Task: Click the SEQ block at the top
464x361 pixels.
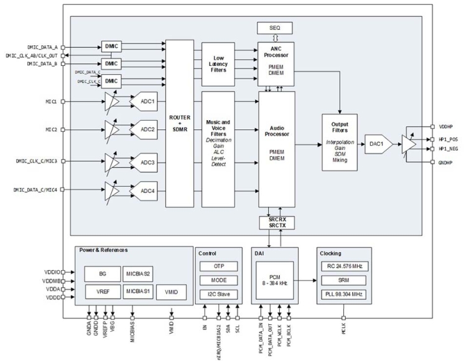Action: pos(274,28)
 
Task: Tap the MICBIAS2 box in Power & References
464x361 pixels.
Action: pos(139,273)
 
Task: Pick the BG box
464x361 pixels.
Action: pos(101,273)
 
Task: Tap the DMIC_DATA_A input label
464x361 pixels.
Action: pos(42,47)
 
